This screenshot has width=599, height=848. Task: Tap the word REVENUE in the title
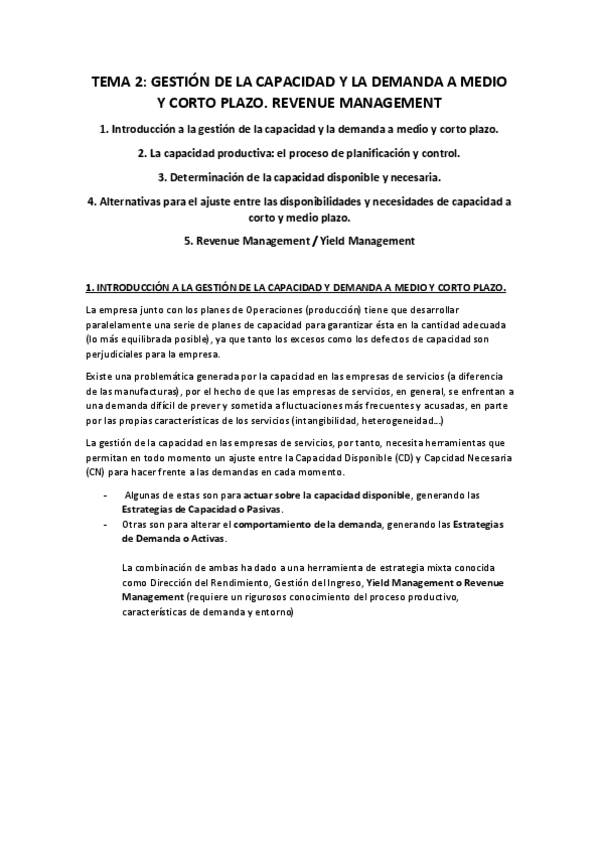click(x=298, y=102)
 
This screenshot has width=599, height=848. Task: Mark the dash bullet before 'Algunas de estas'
click(x=106, y=495)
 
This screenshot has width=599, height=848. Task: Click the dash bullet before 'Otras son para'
click(x=106, y=524)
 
